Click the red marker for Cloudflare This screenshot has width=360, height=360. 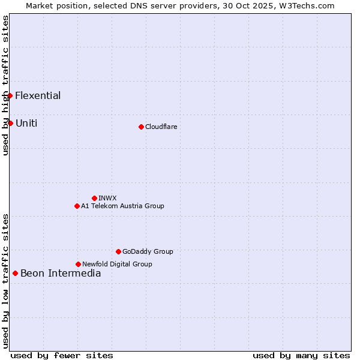coord(141,127)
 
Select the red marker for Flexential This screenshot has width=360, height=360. coord(10,95)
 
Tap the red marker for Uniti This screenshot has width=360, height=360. coord(10,123)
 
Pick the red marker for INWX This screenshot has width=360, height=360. coord(94,198)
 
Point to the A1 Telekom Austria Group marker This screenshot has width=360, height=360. coord(77,206)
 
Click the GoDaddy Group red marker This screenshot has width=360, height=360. coord(118,251)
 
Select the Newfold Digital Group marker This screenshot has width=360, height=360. coord(78,264)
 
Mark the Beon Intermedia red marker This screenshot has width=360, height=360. coord(15,274)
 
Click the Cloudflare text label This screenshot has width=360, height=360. coord(161,127)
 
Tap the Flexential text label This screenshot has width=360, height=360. coord(38,95)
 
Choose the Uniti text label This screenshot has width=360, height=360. coord(26,123)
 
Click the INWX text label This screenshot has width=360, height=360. coord(107,198)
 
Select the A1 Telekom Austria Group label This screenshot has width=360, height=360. coord(122,206)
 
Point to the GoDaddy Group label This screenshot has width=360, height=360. coord(148,251)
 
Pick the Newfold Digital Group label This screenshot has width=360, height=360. coord(117,264)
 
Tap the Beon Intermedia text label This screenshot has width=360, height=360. coord(61,274)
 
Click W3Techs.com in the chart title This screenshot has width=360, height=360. coord(306,5)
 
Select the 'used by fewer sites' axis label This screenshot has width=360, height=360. coord(62,355)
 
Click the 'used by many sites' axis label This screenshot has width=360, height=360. coord(301,355)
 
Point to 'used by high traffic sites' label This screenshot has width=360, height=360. coord(5,85)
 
